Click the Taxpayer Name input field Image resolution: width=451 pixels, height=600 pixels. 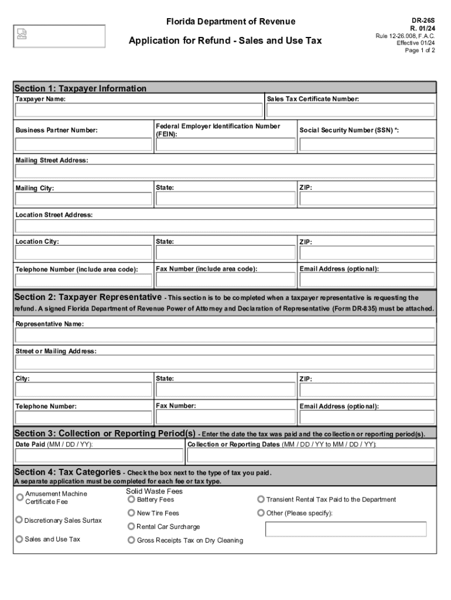click(x=139, y=111)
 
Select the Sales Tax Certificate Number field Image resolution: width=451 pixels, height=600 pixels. click(x=350, y=111)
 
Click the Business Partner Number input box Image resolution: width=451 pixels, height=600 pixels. click(x=84, y=145)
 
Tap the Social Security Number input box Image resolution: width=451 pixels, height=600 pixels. click(x=366, y=145)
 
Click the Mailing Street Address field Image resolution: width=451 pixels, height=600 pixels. click(x=225, y=171)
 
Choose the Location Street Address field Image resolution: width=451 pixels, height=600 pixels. click(x=225, y=226)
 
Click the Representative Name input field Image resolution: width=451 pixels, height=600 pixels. click(x=225, y=335)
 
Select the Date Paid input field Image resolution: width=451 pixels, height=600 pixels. click(x=99, y=455)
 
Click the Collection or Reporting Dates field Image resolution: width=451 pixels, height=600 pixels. click(x=310, y=455)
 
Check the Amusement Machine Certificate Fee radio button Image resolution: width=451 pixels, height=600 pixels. click(x=20, y=497)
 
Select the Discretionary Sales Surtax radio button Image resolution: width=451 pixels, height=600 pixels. click(x=19, y=520)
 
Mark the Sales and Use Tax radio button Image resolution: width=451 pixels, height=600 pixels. click(x=19, y=538)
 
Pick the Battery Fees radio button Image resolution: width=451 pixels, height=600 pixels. click(x=131, y=499)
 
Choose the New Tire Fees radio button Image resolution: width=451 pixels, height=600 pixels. click(x=131, y=513)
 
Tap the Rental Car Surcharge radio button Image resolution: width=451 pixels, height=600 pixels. click(x=131, y=526)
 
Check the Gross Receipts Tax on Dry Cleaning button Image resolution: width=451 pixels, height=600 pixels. click(x=131, y=540)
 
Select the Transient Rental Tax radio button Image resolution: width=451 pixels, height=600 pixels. click(x=261, y=499)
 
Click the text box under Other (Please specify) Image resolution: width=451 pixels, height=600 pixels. click(x=350, y=529)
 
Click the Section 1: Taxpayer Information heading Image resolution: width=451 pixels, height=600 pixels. click(x=80, y=88)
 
